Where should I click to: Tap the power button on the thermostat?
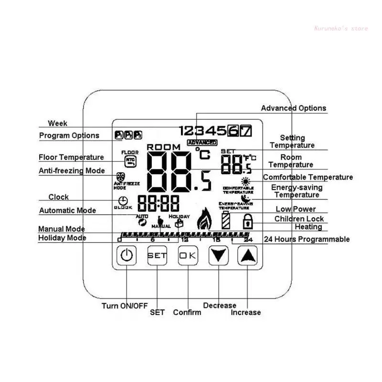click(126, 255)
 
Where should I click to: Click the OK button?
click(188, 255)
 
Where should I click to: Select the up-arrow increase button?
click(247, 255)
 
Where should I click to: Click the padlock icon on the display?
click(247, 222)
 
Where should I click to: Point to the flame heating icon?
click(205, 219)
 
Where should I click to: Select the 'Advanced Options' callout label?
click(293, 108)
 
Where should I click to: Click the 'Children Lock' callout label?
click(299, 219)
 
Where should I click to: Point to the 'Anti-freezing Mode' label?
click(72, 170)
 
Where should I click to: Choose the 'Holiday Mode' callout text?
click(62, 238)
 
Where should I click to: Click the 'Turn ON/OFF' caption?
click(125, 306)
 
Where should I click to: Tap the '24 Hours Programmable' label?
click(307, 239)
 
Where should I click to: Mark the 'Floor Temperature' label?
click(71, 157)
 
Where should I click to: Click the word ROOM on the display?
click(164, 147)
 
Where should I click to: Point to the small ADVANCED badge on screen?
click(202, 143)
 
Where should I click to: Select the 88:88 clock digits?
click(158, 204)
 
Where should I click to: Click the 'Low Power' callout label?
click(296, 209)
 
